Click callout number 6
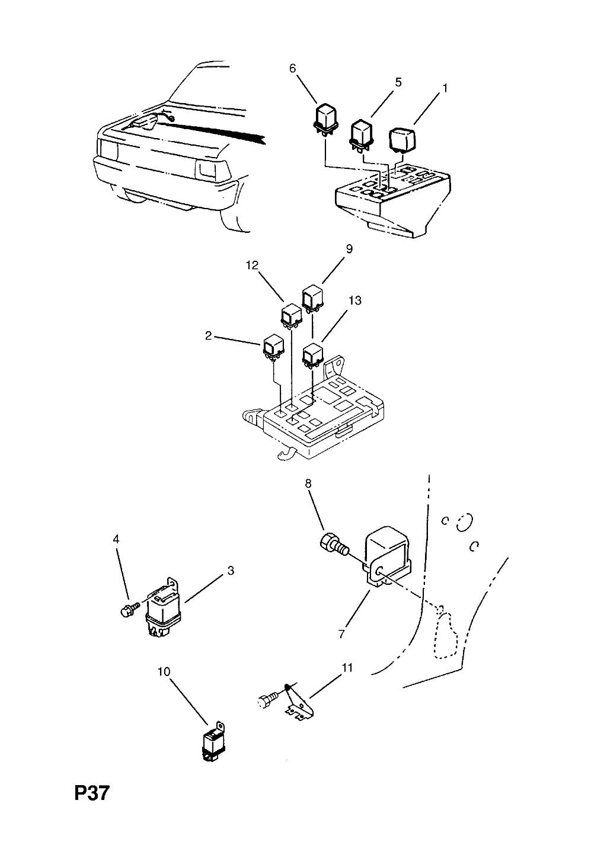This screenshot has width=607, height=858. (x=292, y=69)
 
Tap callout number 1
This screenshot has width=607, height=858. (x=445, y=88)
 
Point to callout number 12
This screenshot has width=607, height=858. (x=253, y=265)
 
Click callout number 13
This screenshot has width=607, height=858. (x=355, y=300)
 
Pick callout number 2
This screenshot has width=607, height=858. (x=209, y=336)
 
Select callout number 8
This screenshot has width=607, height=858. (x=308, y=484)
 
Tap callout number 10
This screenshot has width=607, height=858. (x=164, y=672)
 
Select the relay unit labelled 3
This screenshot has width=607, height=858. (x=163, y=607)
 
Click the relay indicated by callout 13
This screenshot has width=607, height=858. (x=313, y=356)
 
